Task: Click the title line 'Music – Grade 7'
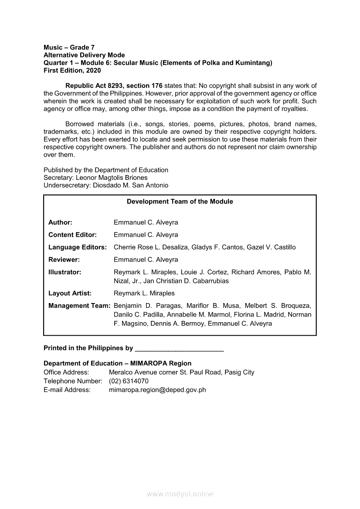point(69,47)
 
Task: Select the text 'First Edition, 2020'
point(72,71)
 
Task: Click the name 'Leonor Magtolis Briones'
point(112,178)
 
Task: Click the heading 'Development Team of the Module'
point(180,202)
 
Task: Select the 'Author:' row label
point(60,222)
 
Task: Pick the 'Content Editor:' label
point(72,235)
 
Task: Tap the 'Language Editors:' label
point(78,247)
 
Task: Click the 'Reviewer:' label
point(64,260)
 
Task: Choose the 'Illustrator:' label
point(65,272)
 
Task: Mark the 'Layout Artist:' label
point(70,293)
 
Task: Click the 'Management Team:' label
point(79,306)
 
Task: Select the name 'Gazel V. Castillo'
point(271,247)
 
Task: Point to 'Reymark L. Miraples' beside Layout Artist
point(144,293)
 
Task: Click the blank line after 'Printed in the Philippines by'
point(180,349)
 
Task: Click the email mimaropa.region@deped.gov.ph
point(157,390)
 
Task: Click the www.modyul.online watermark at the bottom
point(180,494)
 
